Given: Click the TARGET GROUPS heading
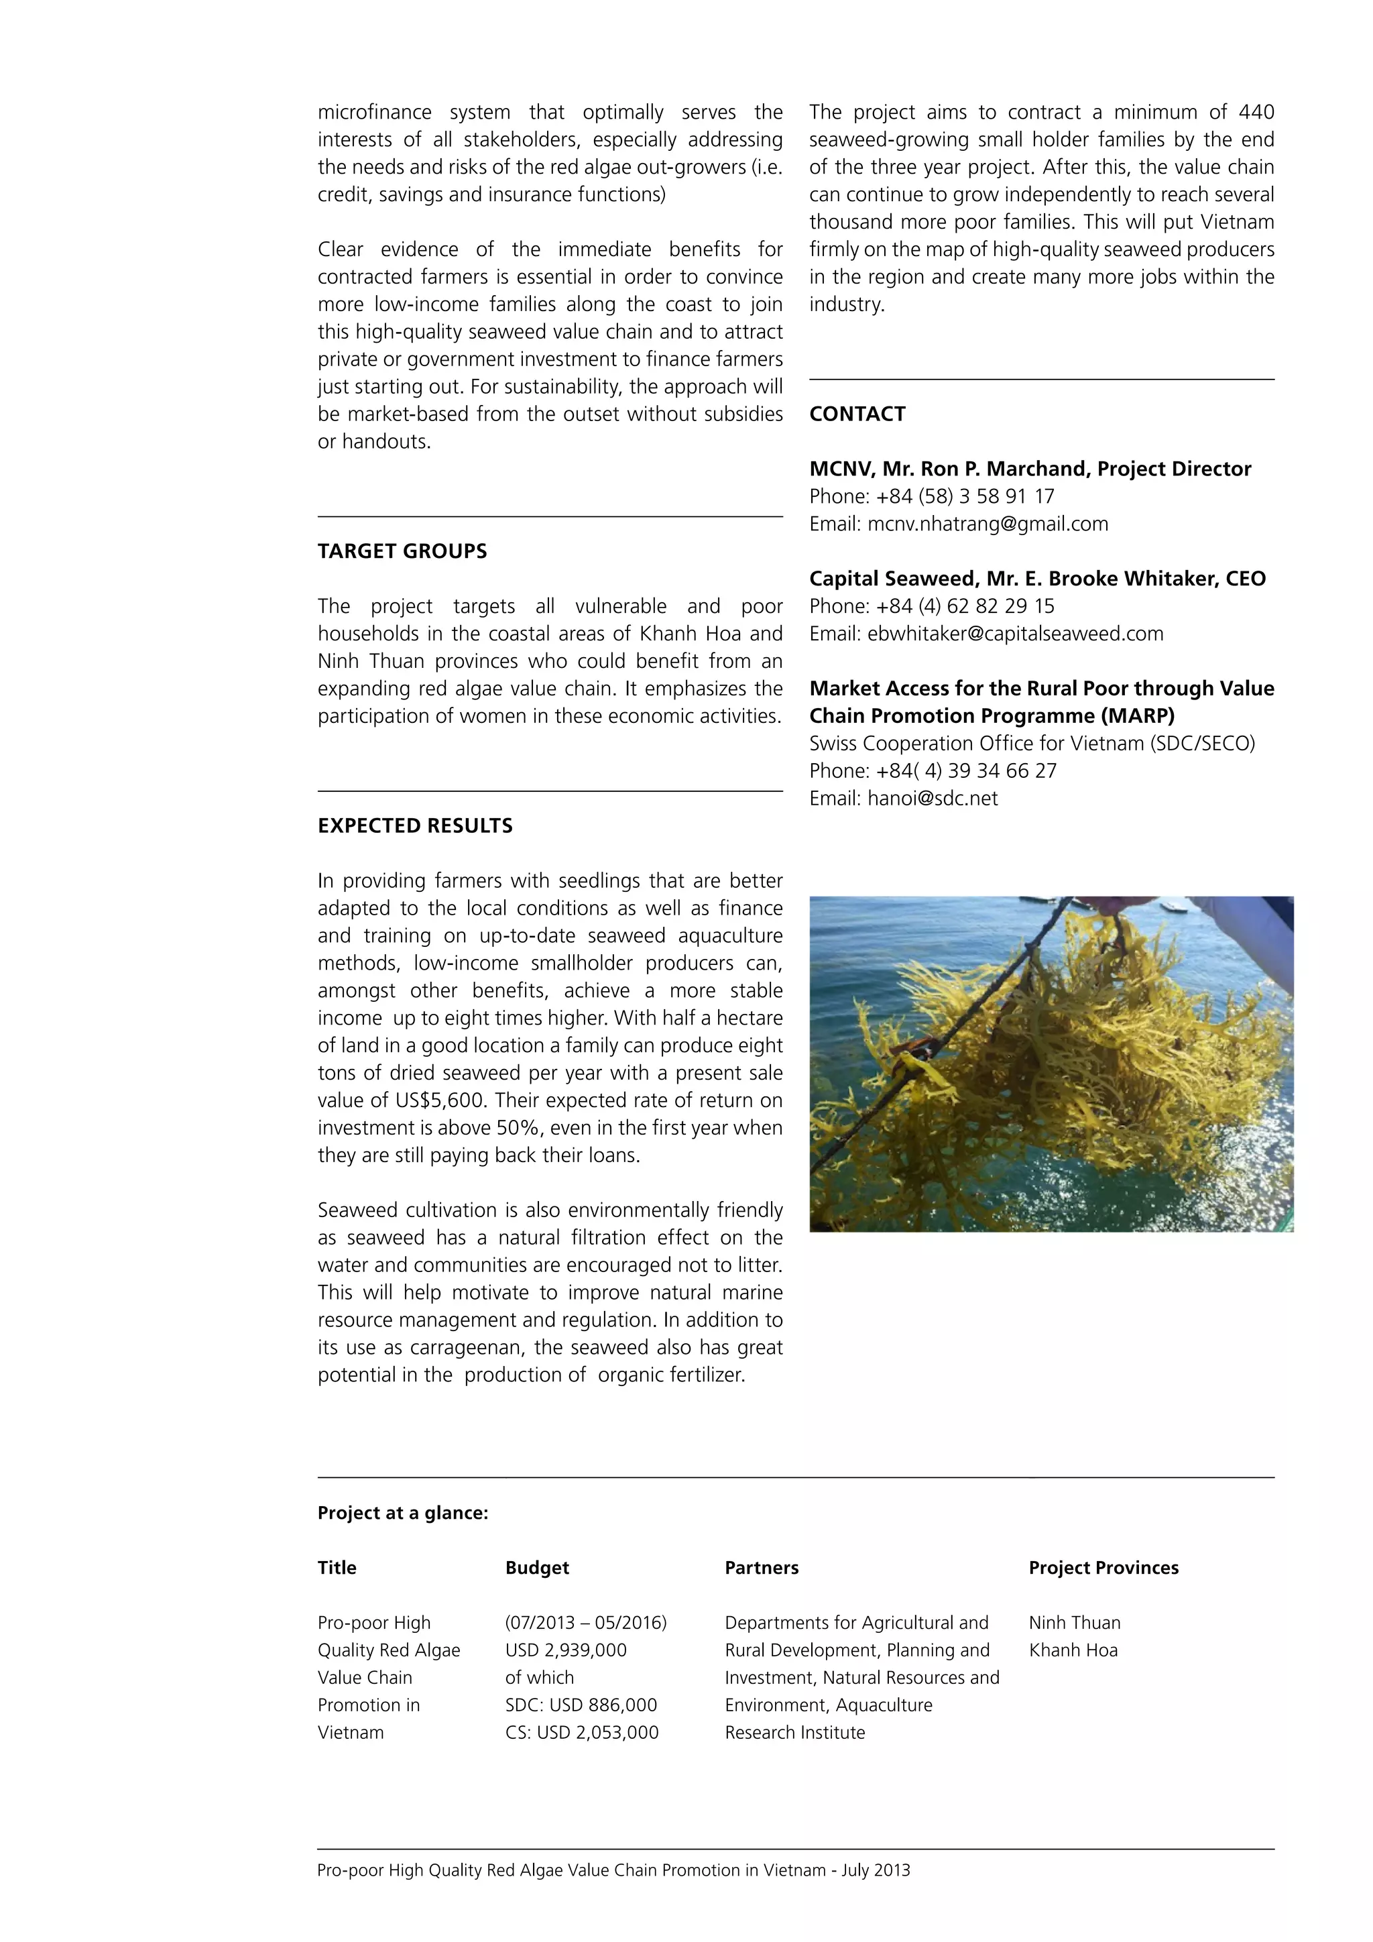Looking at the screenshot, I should tap(402, 551).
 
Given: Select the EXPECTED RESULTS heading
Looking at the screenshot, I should tap(415, 826).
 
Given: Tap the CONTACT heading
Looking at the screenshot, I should tap(857, 414).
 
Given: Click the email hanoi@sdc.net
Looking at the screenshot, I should tap(933, 799).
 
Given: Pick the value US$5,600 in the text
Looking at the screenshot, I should tap(440, 1101).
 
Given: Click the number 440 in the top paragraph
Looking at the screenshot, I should tap(1256, 113).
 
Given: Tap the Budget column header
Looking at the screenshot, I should tap(537, 1568).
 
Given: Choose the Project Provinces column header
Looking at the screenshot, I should tap(1103, 1568).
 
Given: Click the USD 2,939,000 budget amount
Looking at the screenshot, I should tap(566, 1650).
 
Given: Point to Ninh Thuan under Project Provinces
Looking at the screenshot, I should tap(1075, 1623).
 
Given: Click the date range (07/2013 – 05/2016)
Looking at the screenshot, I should tap(586, 1623).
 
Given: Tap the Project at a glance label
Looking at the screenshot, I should tap(402, 1513).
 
